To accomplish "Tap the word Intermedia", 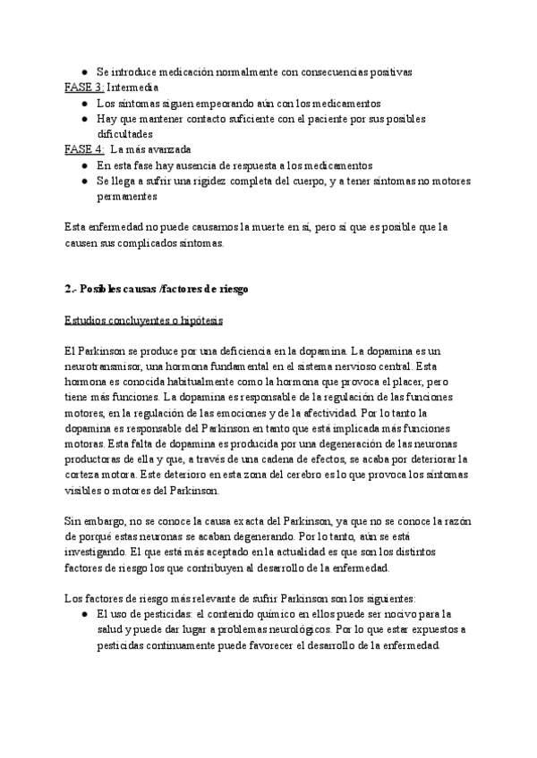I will tap(133, 88).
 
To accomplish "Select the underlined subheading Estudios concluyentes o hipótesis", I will tap(144, 320).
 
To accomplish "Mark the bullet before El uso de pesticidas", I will tap(83, 614).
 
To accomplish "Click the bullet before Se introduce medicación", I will tap(83, 72).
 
